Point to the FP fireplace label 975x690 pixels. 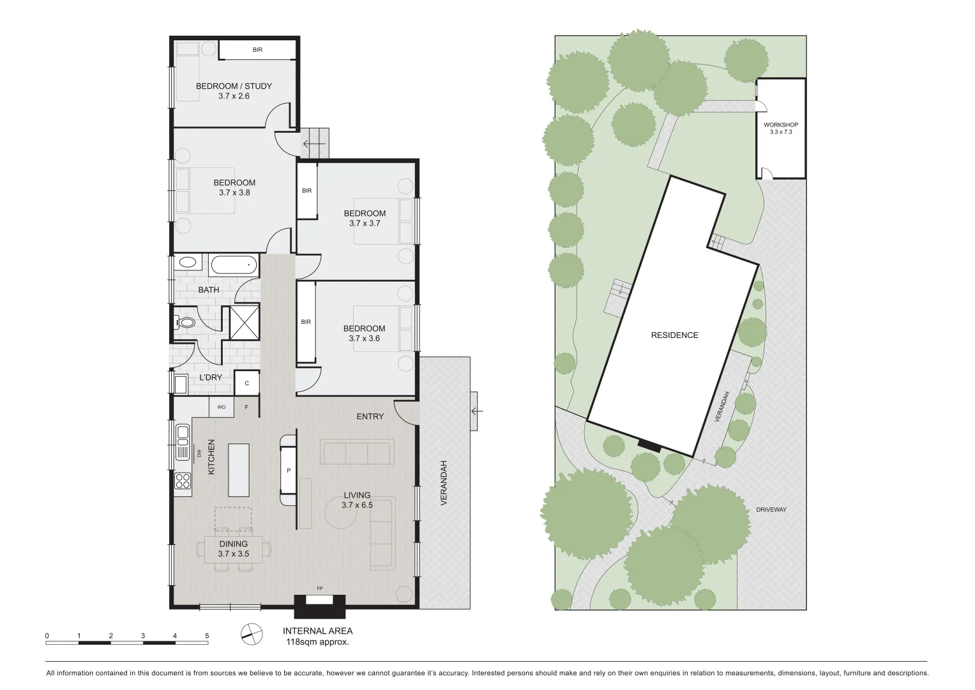click(319, 588)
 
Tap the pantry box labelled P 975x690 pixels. click(289, 470)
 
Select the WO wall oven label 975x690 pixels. click(222, 406)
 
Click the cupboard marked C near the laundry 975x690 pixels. click(246, 383)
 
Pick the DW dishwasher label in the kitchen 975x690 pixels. click(199, 453)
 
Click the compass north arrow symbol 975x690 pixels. click(252, 633)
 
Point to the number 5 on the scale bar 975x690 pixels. click(207, 636)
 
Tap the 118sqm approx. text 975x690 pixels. click(317, 642)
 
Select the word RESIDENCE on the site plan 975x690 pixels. click(674, 335)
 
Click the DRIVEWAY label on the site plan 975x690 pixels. click(771, 509)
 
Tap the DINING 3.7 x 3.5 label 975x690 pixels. click(233, 549)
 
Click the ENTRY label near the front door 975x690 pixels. click(370, 417)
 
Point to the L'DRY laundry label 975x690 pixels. click(211, 378)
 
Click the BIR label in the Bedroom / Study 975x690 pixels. click(257, 50)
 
